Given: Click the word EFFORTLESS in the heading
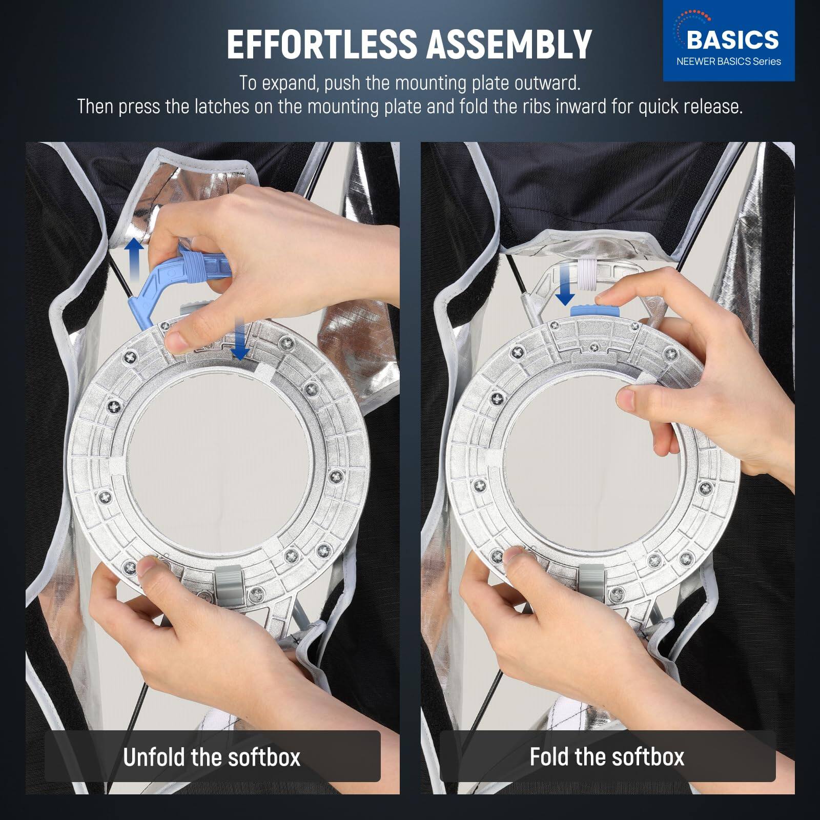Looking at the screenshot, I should (321, 44).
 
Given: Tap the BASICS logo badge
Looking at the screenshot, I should (728, 41).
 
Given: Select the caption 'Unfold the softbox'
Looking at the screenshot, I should (212, 756).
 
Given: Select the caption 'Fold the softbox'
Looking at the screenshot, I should (607, 756).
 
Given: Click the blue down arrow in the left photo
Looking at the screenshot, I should (239, 343).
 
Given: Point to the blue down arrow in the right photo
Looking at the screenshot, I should (565, 290).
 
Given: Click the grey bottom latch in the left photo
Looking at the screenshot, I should (229, 583).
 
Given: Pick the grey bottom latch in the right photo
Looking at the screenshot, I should (592, 583).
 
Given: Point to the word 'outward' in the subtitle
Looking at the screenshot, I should (543, 83).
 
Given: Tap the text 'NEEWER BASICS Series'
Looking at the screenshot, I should (728, 61).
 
